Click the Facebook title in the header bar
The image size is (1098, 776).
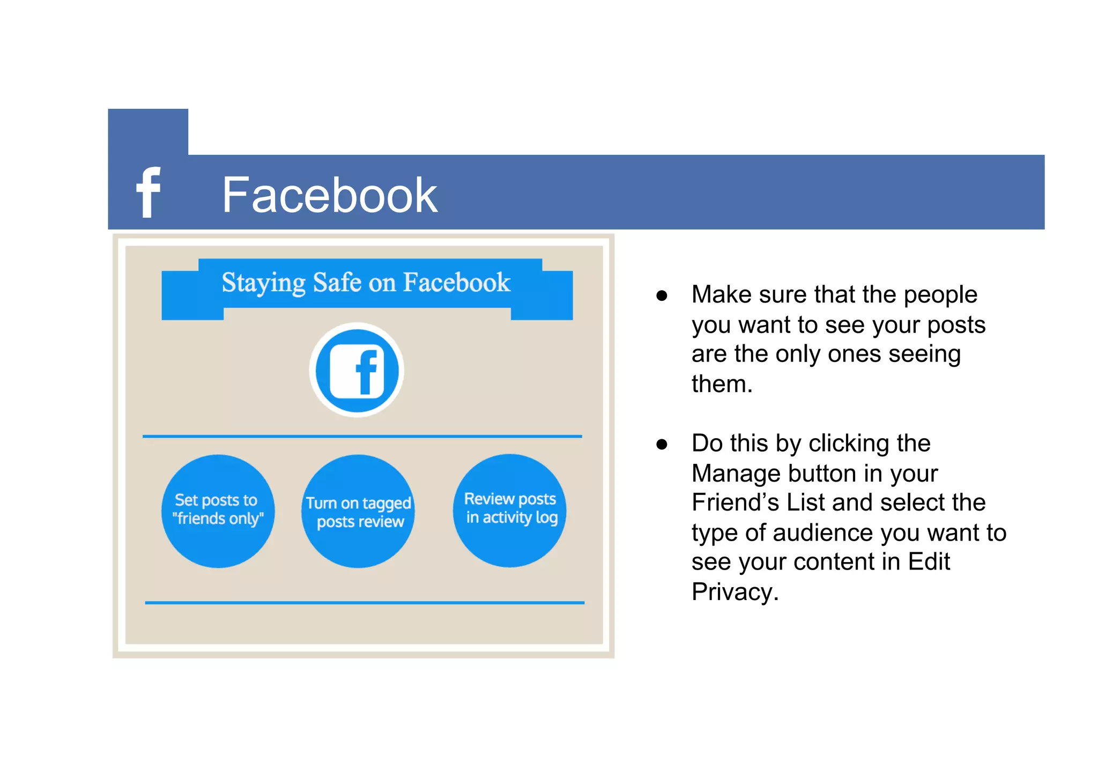click(329, 195)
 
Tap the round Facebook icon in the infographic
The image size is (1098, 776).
click(357, 370)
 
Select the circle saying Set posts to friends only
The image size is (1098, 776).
click(218, 511)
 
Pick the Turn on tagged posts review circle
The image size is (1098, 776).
click(358, 511)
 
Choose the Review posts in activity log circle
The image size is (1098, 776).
click(510, 510)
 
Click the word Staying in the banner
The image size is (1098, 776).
click(263, 283)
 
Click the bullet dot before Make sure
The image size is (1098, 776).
click(662, 296)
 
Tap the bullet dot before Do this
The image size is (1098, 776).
click(662, 445)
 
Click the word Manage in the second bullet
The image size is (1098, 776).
click(735, 474)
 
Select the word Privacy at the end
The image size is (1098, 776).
click(735, 592)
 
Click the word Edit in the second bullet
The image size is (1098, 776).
click(929, 562)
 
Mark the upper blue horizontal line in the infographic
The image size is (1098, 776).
click(362, 437)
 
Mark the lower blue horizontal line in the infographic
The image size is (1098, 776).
click(365, 603)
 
